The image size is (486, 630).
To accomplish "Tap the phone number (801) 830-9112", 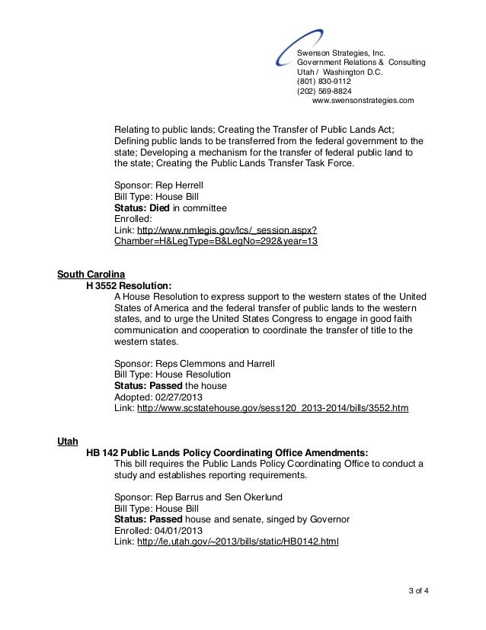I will (324, 80).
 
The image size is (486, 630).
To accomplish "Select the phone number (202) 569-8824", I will (324, 90).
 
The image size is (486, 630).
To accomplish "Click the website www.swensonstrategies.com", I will (363, 100).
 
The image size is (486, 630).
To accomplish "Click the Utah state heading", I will (67, 441).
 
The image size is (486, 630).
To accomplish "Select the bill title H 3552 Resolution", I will (129, 285).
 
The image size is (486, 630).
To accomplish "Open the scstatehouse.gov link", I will (273, 409).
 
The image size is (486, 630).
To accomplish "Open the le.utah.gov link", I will (238, 542).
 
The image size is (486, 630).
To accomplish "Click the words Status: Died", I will (142, 207).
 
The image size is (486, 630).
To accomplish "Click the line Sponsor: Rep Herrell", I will (158, 185).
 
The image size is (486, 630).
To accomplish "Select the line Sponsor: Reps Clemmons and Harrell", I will (193, 364).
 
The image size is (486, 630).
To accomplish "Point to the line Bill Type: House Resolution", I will (172, 375).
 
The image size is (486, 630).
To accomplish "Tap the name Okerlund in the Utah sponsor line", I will (260, 497).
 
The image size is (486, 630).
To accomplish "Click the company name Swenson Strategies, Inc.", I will (342, 51).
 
